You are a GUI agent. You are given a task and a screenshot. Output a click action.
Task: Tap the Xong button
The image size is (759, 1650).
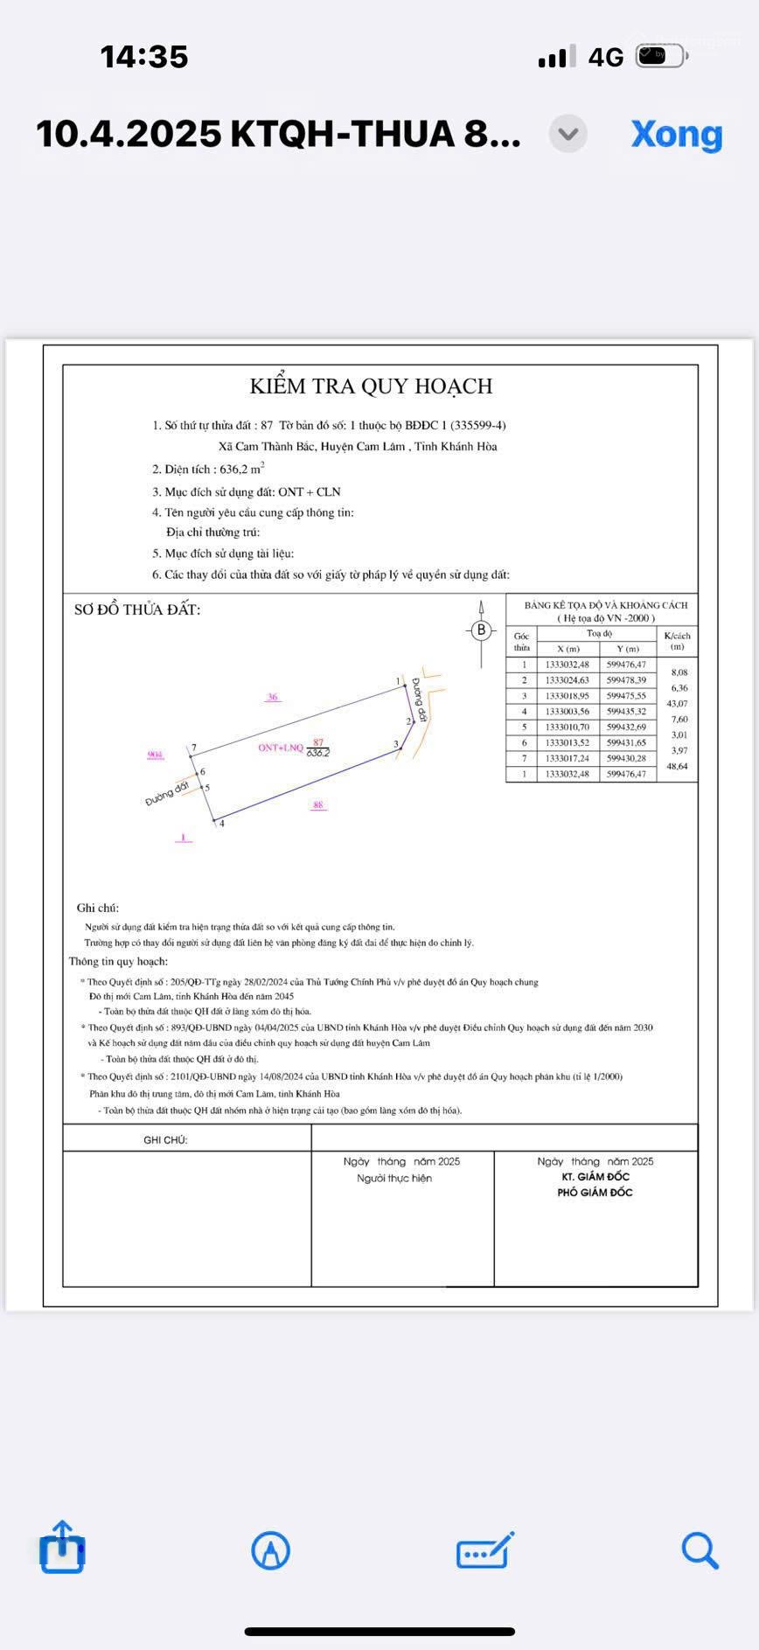click(676, 134)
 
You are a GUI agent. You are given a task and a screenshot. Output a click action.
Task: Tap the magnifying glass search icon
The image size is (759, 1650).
click(700, 1549)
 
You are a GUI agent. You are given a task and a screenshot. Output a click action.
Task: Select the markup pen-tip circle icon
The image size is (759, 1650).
click(270, 1550)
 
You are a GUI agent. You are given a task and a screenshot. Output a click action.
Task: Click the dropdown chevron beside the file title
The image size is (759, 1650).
click(568, 134)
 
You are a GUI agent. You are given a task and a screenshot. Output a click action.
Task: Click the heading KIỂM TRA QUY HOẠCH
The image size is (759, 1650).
click(371, 386)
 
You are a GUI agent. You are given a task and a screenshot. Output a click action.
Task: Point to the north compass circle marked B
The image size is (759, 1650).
click(481, 630)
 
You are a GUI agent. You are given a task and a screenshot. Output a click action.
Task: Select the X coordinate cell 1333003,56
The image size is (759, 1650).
click(568, 712)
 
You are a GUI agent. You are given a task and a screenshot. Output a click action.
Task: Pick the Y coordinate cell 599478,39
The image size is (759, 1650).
click(626, 680)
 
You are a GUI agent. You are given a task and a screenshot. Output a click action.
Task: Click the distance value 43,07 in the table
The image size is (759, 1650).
click(677, 704)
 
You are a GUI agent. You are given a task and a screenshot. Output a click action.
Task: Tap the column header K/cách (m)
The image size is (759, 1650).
click(677, 641)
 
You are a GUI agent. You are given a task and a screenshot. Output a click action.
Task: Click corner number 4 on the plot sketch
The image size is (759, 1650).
click(222, 824)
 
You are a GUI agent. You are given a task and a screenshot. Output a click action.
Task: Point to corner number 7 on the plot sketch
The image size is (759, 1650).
click(194, 748)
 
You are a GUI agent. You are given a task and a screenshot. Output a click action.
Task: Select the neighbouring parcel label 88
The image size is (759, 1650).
click(318, 804)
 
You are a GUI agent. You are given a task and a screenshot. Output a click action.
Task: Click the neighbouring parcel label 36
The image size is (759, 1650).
click(273, 697)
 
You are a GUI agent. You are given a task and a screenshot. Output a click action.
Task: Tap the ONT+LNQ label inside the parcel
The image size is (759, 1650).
click(280, 748)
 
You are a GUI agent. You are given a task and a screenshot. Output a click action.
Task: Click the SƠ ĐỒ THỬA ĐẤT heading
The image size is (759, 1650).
click(137, 609)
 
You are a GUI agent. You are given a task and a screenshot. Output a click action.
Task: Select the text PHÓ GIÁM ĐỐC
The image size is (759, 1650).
click(595, 1192)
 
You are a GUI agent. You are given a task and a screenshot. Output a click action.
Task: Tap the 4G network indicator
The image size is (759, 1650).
click(605, 58)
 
